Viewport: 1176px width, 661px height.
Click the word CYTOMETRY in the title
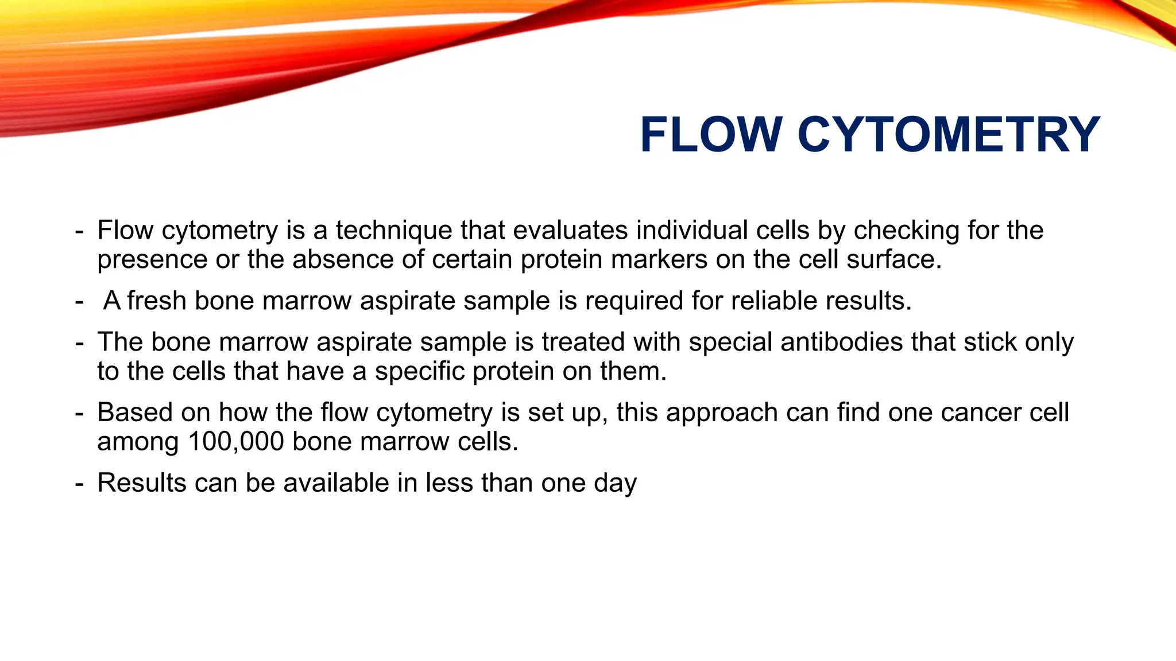(949, 135)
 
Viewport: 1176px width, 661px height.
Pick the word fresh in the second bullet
(157, 301)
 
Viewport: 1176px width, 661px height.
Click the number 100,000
(236, 442)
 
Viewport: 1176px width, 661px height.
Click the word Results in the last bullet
(142, 483)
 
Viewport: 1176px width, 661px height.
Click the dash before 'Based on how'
(79, 414)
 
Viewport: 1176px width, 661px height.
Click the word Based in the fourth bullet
(136, 413)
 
